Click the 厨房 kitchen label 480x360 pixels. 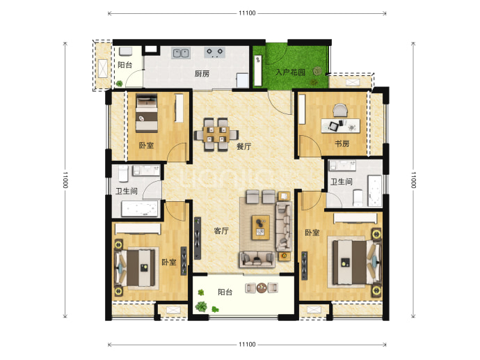click(202, 74)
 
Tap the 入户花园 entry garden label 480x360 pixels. click(290, 72)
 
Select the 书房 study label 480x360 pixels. click(342, 143)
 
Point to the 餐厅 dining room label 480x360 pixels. click(243, 146)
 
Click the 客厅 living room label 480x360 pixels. click(221, 230)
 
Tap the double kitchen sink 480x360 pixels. click(181, 54)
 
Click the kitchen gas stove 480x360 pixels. click(215, 52)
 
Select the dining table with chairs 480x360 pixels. click(216, 134)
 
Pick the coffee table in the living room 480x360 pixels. click(260, 227)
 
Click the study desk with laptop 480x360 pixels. click(340, 125)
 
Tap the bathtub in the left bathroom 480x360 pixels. click(140, 209)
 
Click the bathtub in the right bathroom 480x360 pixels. click(374, 191)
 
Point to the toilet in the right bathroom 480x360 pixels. click(358, 198)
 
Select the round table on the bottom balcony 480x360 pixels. click(262, 288)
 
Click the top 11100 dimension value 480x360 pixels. click(247, 13)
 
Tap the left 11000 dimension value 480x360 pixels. click(65, 180)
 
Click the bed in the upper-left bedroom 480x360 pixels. click(147, 113)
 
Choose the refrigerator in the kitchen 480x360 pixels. click(243, 80)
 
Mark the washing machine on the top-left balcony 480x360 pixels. click(125, 51)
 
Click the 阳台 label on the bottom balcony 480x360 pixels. click(225, 292)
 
